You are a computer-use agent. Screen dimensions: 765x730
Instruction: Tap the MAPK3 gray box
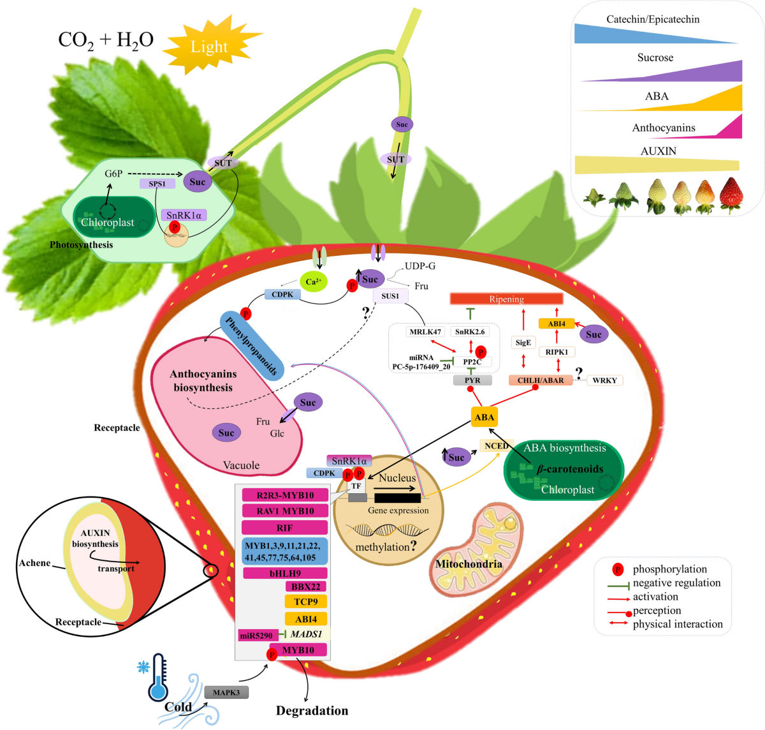[226, 692]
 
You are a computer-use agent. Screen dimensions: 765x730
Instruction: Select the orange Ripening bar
[506, 299]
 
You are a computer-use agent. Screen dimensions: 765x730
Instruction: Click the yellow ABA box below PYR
[484, 417]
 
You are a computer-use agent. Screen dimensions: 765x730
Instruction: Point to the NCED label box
[496, 445]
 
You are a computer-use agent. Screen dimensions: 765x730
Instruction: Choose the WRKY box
[604, 380]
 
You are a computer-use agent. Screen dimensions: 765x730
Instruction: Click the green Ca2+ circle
[313, 281]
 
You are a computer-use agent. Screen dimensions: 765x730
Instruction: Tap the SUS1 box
[390, 296]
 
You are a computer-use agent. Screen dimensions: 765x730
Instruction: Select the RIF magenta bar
[284, 528]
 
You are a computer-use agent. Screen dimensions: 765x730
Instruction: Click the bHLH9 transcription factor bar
[285, 573]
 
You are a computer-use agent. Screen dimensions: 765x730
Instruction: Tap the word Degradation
[312, 710]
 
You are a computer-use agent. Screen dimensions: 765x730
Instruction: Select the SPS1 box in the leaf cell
[157, 184]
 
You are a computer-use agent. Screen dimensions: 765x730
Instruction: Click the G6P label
[113, 174]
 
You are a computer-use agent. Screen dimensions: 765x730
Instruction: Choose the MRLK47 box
[425, 332]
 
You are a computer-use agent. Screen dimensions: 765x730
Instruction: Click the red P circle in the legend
[617, 569]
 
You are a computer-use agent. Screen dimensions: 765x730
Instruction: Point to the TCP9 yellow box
[305, 602]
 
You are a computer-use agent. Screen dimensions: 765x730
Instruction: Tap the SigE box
[523, 343]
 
